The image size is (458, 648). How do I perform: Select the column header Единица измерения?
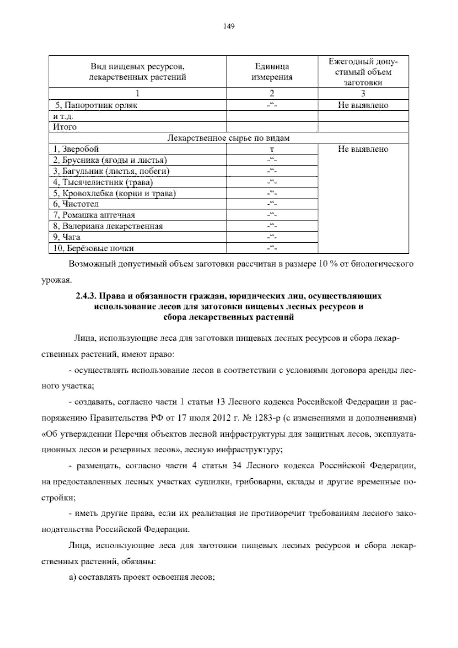272,71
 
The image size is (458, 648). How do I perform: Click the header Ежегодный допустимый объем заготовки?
363,72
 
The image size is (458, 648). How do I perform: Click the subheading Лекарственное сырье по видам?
229,138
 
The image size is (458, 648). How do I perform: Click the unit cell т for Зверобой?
272,149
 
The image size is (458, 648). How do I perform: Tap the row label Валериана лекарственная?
108,226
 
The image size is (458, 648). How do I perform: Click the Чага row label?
67,237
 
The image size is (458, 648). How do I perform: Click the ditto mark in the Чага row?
272,237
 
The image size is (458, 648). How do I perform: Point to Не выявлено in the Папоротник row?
363,105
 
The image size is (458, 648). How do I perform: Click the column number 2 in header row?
272,94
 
